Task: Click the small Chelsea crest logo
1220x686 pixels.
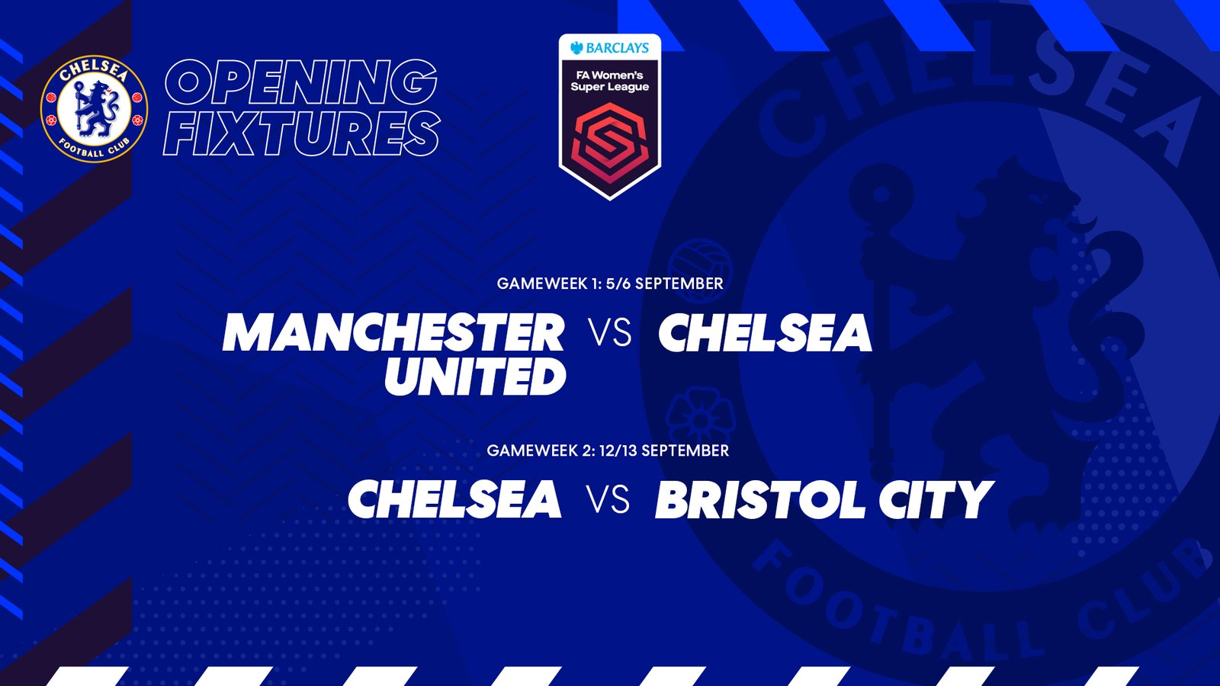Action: [x=95, y=110]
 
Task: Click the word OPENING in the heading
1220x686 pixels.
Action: [x=300, y=82]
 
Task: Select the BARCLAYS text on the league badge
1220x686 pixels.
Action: [x=610, y=48]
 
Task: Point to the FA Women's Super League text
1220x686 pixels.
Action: [x=610, y=81]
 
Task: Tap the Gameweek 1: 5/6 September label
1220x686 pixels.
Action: [x=610, y=284]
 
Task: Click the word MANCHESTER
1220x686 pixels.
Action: [x=393, y=332]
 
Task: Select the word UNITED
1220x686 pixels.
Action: [x=476, y=377]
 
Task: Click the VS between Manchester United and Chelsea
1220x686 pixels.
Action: [x=612, y=332]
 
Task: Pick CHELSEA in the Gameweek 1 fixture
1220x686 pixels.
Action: [x=766, y=332]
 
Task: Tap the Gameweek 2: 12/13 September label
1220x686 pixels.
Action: [x=608, y=450]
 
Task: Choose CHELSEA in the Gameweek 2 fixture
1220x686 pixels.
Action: [x=454, y=498]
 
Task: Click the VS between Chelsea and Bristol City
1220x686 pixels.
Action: [x=608, y=500]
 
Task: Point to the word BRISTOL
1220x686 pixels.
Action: [x=759, y=499]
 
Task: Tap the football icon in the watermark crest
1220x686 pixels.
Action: [x=701, y=271]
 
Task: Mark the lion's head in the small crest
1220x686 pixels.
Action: [x=102, y=90]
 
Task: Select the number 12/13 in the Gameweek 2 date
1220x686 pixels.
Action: [x=618, y=450]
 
